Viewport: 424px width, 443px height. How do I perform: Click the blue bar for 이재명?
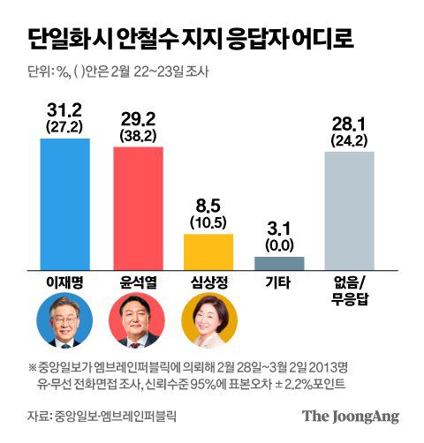tap(65, 203)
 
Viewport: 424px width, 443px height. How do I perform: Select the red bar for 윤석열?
tap(138, 207)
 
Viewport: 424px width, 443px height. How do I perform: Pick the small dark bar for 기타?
tap(279, 262)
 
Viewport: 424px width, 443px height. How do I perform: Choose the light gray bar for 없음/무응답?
tap(350, 210)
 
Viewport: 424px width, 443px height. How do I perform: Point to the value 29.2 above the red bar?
tap(138, 116)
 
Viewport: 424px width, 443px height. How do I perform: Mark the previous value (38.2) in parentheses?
tap(138, 136)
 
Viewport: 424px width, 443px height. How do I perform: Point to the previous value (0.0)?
tap(279, 244)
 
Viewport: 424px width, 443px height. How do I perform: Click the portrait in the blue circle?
tap(65, 324)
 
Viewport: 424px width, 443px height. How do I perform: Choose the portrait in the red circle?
tap(137, 324)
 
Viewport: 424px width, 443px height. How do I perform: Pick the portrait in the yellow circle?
tap(208, 324)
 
